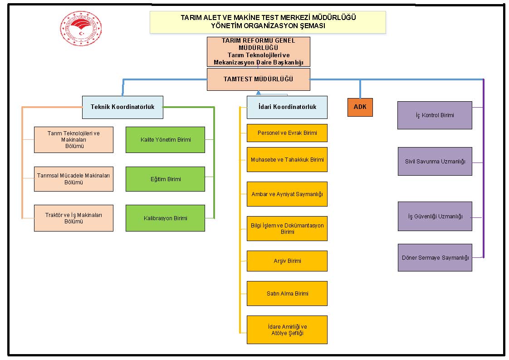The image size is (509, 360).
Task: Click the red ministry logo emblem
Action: click(81, 28)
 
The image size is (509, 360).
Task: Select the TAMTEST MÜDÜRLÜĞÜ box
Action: click(259, 79)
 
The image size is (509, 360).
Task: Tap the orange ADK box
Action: click(360, 107)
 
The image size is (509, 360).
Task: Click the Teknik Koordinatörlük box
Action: click(122, 107)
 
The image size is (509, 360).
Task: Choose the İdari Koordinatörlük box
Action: click(287, 107)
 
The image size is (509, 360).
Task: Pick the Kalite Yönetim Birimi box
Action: click(165, 140)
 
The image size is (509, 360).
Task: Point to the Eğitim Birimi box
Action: click(165, 179)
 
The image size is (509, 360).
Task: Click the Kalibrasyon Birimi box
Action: click(165, 218)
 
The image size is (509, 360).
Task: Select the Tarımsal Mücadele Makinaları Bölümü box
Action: click(73, 179)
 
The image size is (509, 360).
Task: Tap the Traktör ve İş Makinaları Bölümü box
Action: click(73, 218)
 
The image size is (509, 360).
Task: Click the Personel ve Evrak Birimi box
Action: click(287, 133)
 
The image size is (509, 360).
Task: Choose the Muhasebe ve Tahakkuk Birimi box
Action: click(287, 159)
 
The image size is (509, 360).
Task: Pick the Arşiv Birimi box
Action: click(287, 261)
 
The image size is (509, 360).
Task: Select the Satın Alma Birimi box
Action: click(287, 293)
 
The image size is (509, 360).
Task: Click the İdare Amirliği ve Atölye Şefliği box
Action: click(287, 330)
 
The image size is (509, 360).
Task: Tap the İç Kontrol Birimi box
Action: click(435, 115)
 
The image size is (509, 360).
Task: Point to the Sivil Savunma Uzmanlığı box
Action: click(435, 162)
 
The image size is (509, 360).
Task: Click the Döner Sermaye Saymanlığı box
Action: click(435, 258)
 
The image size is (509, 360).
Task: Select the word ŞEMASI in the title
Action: click(312, 26)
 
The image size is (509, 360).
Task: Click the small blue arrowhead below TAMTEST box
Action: click(259, 93)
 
